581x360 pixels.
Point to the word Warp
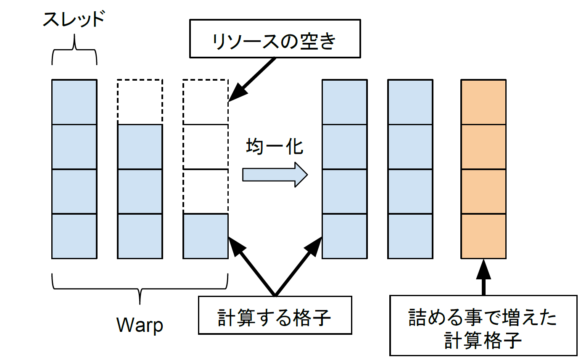(x=139, y=325)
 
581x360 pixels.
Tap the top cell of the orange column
(x=483, y=102)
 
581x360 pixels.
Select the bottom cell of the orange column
(x=483, y=236)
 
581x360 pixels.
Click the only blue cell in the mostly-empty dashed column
(x=206, y=236)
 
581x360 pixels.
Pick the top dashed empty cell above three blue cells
(x=140, y=102)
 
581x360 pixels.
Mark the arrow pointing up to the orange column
(x=483, y=277)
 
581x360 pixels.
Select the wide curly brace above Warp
(x=140, y=286)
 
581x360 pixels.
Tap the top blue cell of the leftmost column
(x=74, y=102)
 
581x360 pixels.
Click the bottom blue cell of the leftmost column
(x=74, y=236)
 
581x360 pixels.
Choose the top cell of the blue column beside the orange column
(x=410, y=102)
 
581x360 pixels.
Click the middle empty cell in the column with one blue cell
(x=206, y=147)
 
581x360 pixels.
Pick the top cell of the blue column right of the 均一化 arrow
(x=344, y=102)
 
